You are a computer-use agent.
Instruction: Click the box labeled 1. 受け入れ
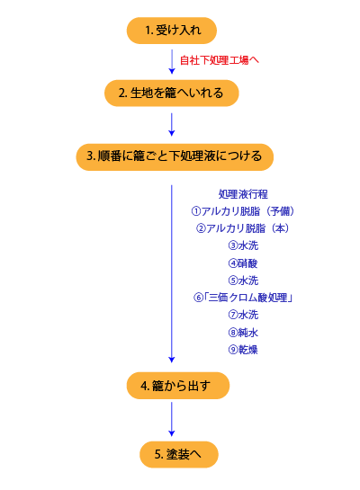coord(171,31)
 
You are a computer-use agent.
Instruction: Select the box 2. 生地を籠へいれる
coord(171,94)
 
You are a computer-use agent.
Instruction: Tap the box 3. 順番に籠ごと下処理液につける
coord(175,156)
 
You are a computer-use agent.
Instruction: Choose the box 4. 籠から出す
coord(178,386)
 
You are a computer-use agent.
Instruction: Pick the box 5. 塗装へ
coord(179,454)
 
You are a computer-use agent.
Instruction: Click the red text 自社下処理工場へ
coord(220,60)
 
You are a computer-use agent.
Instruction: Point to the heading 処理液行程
coord(243,194)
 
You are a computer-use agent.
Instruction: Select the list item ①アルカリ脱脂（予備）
coord(243,211)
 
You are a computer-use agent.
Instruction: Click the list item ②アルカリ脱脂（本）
coord(243,228)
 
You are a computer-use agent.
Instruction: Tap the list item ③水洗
coord(243,245)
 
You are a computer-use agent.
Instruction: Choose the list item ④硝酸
coord(243,263)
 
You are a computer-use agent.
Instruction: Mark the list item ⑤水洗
coord(243,281)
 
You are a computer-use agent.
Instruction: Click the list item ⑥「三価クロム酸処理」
coord(243,298)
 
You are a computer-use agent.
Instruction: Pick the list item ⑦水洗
coord(243,315)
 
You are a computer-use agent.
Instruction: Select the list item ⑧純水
coord(243,332)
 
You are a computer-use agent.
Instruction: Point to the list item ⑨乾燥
coord(243,350)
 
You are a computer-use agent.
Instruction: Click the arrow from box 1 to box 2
coord(171,61)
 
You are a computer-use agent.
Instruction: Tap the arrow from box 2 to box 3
coord(171,125)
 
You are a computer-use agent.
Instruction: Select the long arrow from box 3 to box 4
coord(171,273)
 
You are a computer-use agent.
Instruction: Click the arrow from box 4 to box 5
coord(171,419)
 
